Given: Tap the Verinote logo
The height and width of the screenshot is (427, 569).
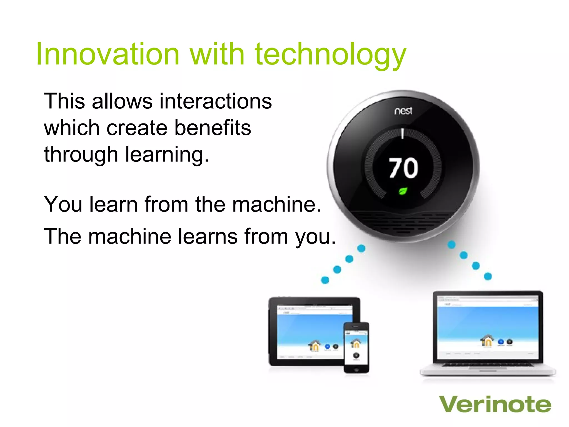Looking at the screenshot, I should pyautogui.click(x=495, y=404).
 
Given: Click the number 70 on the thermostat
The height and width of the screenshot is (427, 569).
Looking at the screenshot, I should pyautogui.click(x=403, y=168).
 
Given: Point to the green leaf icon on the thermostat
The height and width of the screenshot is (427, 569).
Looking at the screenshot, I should pyautogui.click(x=403, y=191).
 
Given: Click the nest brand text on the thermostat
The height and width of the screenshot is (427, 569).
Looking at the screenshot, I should pyautogui.click(x=403, y=111).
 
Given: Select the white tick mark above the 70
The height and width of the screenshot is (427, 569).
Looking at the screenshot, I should pyautogui.click(x=403, y=134).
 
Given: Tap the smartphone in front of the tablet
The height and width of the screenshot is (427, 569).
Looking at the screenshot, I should pyautogui.click(x=356, y=347).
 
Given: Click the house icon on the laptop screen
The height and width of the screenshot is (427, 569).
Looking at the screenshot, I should pyautogui.click(x=487, y=340).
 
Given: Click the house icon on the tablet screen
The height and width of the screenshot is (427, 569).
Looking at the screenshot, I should pyautogui.click(x=315, y=346).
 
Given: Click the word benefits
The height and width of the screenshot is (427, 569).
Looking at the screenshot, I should pyautogui.click(x=213, y=128).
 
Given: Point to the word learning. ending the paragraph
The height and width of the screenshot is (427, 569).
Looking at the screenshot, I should pyautogui.click(x=167, y=155).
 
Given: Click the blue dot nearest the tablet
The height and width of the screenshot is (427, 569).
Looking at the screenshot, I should pyautogui.click(x=325, y=280).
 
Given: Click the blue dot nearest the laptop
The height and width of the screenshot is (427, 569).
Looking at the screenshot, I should pyautogui.click(x=488, y=276).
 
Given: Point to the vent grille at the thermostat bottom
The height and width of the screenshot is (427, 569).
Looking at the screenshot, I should pyautogui.click(x=403, y=221).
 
